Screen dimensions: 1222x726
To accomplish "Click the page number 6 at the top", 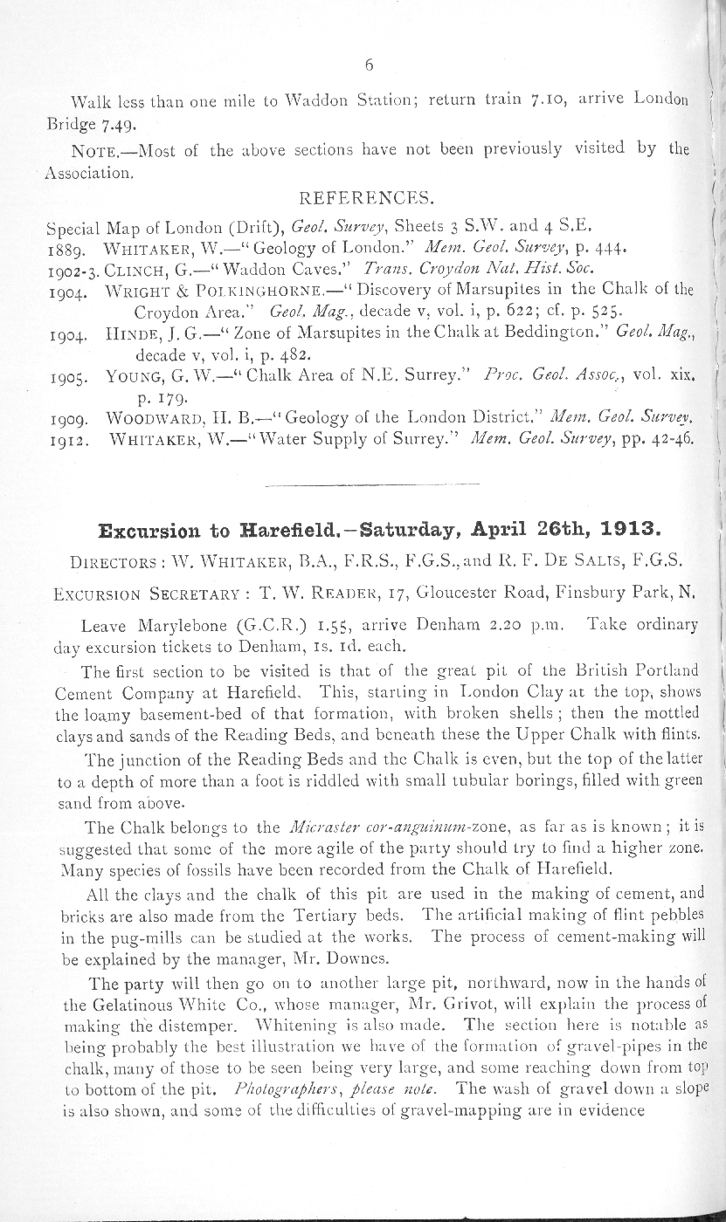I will click(370, 65).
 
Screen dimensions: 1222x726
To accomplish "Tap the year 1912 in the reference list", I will click(66, 442).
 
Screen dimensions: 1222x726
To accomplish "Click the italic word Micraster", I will click(315, 827).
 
